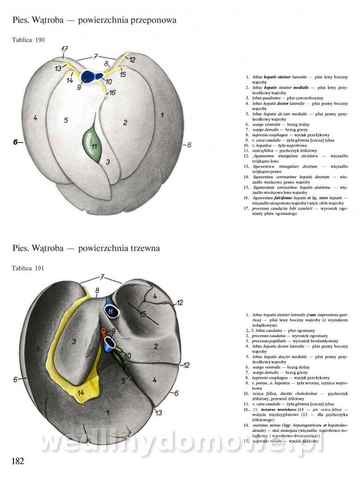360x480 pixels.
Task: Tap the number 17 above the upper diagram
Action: pyautogui.click(x=65, y=49)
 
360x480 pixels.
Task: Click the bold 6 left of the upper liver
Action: pyautogui.click(x=16, y=142)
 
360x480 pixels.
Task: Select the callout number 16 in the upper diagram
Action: pyautogui.click(x=112, y=93)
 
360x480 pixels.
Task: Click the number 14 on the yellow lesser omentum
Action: pyautogui.click(x=80, y=393)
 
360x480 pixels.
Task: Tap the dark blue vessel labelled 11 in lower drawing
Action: pyautogui.click(x=111, y=310)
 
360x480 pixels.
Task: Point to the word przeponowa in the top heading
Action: pyautogui.click(x=149, y=20)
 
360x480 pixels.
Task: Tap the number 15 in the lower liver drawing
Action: pyautogui.click(x=143, y=314)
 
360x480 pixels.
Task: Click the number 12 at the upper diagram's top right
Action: pyautogui.click(x=132, y=59)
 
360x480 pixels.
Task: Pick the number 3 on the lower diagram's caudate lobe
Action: pyautogui.click(x=74, y=341)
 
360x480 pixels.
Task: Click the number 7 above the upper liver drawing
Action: pyautogui.click(x=95, y=57)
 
